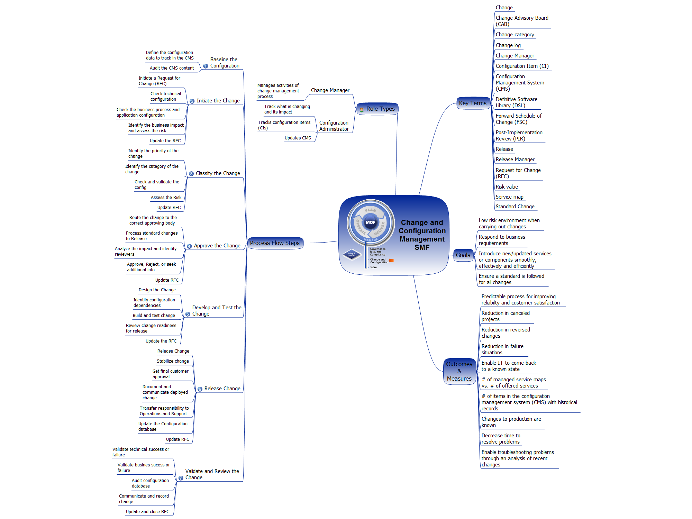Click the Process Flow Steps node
pos(275,243)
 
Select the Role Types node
pos(377,109)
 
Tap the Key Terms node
pos(473,103)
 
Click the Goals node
pos(463,255)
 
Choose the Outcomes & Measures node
pos(459,371)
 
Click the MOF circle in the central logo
pos(370,222)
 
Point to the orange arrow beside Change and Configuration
pos(391,261)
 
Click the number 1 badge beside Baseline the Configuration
pos(206,66)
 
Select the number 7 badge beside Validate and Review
pos(181,478)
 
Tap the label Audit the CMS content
pos(172,68)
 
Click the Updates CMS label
pos(298,138)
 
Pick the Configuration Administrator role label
pos(334,126)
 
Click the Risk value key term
pos(507,187)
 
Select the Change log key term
pos(508,45)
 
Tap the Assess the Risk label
pos(166,198)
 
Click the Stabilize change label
pos(173,361)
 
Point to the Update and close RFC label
pos(147,512)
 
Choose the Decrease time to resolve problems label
pos(501,439)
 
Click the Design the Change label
pos(157,290)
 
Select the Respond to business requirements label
pos(502,240)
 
